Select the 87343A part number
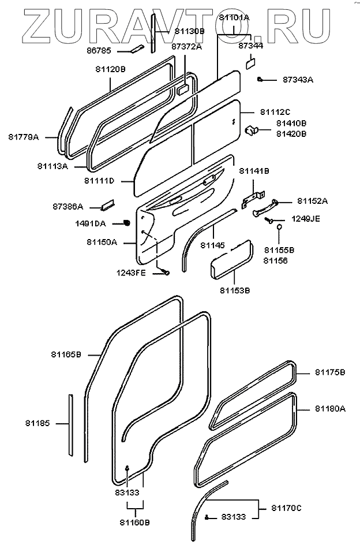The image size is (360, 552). (x=298, y=80)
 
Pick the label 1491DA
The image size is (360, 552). (x=91, y=223)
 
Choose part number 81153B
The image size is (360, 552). (x=235, y=290)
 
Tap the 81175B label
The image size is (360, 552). (x=330, y=372)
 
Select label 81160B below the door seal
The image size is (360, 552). (x=134, y=523)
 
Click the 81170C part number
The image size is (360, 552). (x=287, y=508)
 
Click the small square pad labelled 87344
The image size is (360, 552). (x=251, y=62)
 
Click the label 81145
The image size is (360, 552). (x=212, y=245)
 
